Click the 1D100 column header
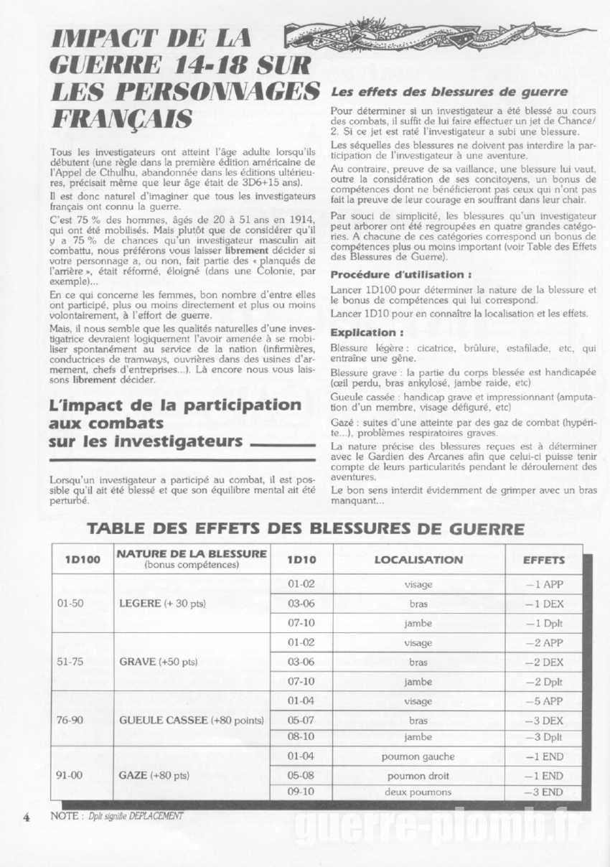[82, 559]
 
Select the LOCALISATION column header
[418, 559]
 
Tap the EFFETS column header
[544, 559]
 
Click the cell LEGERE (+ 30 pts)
[163, 603]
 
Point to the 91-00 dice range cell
[70, 774]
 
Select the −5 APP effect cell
[544, 700]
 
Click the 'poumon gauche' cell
[418, 756]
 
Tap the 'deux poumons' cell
[418, 792]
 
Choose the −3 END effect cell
[544, 792]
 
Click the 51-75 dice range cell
[70, 661]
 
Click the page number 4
[27, 817]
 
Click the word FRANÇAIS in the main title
[122, 117]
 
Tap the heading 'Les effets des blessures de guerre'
[449, 92]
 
